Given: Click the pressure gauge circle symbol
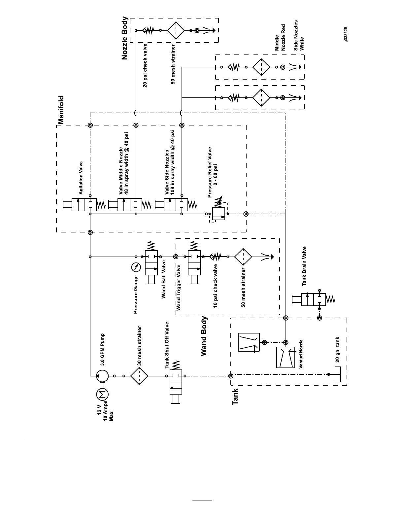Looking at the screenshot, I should (x=136, y=267).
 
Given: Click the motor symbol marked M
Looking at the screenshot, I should (x=102, y=394).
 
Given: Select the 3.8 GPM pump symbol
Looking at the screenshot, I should (x=102, y=376).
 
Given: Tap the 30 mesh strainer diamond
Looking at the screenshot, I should (x=139, y=376).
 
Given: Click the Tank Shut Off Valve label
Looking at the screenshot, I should (x=167, y=345).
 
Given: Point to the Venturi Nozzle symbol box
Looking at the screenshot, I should (x=286, y=358).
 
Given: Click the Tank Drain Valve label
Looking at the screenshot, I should (x=305, y=266).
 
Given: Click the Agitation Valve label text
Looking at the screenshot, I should (x=81, y=178).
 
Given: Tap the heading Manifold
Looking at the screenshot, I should (x=61, y=110).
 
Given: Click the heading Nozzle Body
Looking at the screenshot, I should (x=124, y=38).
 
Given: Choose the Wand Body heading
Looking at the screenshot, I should (x=204, y=336).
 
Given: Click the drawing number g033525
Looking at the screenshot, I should (x=345, y=34).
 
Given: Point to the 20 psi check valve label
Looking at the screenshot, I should (x=145, y=66).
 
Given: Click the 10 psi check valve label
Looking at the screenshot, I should (x=216, y=286).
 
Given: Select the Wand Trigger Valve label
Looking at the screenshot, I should (x=179, y=287).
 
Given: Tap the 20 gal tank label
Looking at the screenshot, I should (x=337, y=350).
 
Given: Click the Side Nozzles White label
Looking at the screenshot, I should (x=299, y=36).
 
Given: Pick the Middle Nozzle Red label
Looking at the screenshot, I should (x=280, y=38).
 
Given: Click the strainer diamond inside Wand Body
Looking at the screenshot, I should (x=243, y=257).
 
